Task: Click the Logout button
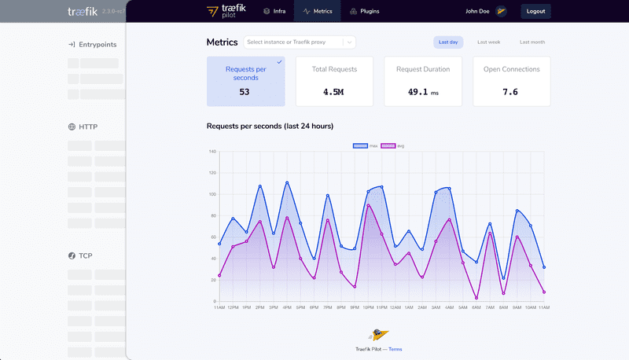(x=535, y=12)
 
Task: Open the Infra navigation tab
(x=274, y=12)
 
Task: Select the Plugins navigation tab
(x=364, y=12)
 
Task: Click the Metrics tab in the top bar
(x=318, y=12)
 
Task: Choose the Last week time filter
(x=488, y=42)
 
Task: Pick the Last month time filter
(x=532, y=42)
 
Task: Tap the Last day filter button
(x=448, y=42)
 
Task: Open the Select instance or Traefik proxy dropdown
(x=300, y=42)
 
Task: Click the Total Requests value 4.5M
(x=333, y=92)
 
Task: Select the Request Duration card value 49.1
(x=417, y=92)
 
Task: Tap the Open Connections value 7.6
(x=510, y=92)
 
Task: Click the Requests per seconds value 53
(x=245, y=92)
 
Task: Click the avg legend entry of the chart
(x=393, y=146)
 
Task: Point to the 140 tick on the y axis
(x=212, y=151)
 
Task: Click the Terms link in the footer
(x=395, y=349)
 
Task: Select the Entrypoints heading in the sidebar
(x=94, y=45)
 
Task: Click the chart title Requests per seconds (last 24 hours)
(x=270, y=127)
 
